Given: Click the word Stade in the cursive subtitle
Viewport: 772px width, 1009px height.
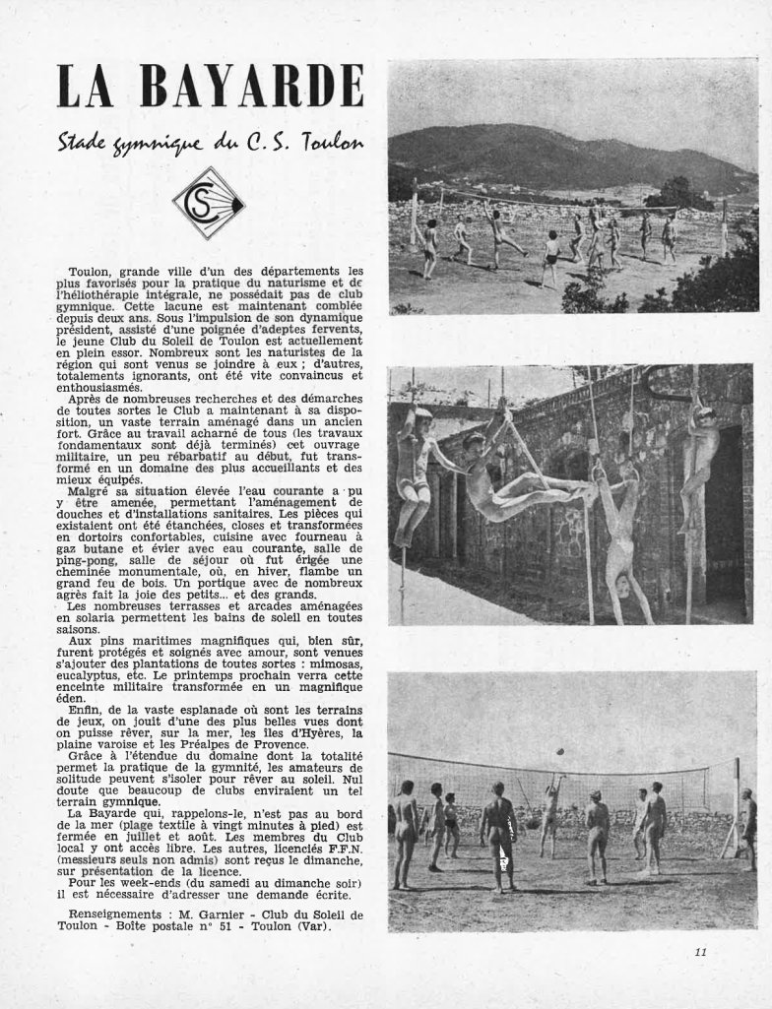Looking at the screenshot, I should (x=86, y=144).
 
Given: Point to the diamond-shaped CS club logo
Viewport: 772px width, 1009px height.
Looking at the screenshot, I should (x=209, y=203).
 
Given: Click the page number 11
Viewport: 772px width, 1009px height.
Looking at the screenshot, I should (x=700, y=950).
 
